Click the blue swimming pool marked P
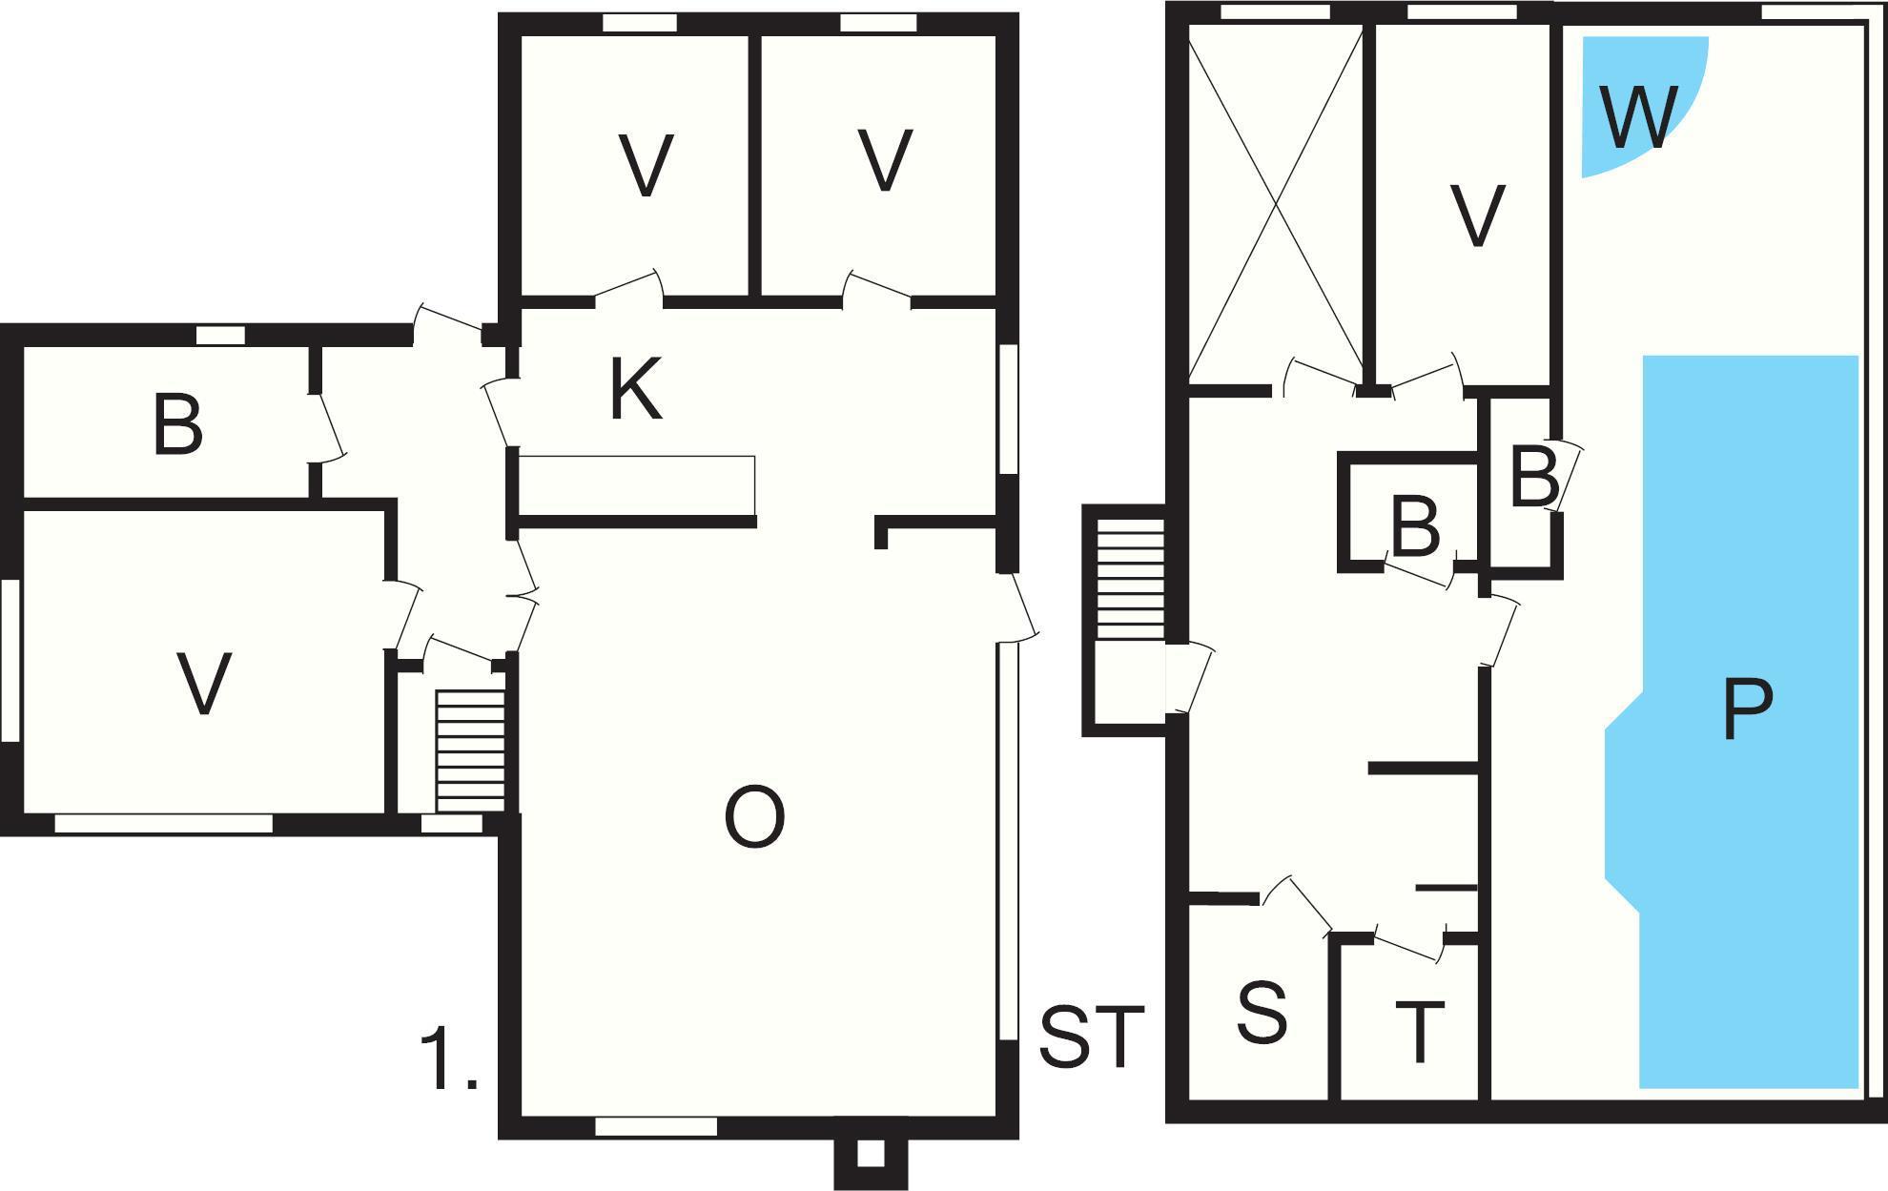pos(1745,721)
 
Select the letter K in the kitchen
pos(636,392)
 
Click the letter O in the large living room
pos(754,817)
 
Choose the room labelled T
pos(1409,1020)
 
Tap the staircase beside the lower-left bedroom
pos(470,750)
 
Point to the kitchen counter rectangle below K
pos(637,485)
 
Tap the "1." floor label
pos(448,1059)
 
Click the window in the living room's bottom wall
pos(656,1127)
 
